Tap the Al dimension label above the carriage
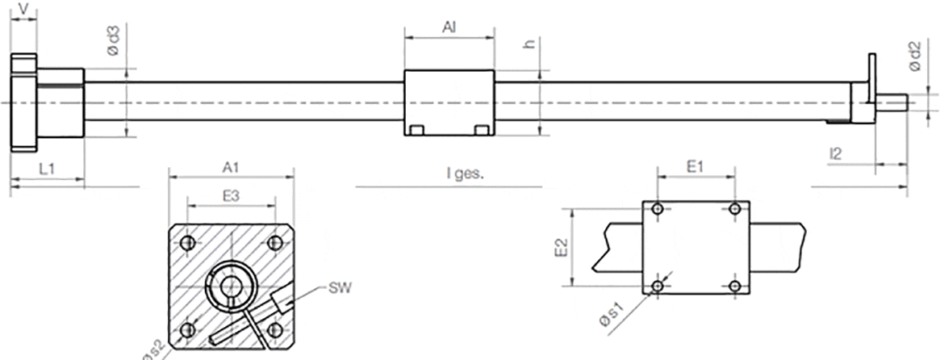click(449, 27)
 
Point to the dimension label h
click(530, 44)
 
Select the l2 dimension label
click(837, 153)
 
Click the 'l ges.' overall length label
click(465, 173)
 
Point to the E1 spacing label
click(695, 167)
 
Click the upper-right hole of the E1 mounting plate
click(734, 209)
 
